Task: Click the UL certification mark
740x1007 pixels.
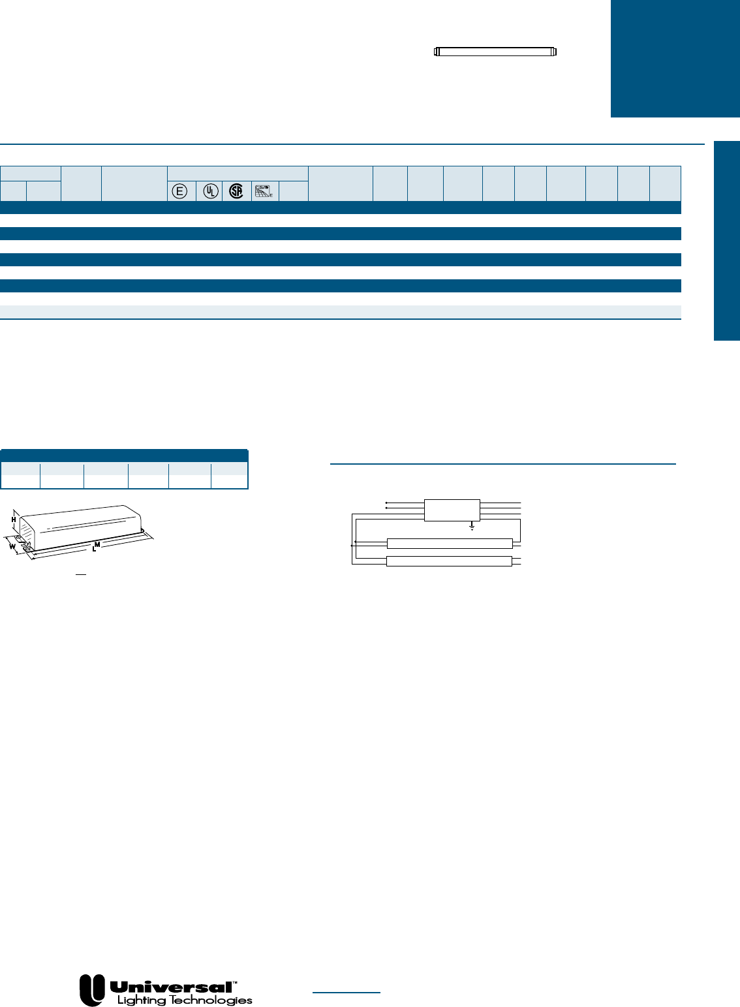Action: [210, 191]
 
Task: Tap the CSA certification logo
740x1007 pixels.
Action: [236, 191]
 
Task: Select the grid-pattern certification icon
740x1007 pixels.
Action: [264, 191]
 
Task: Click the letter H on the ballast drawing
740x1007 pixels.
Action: [14, 519]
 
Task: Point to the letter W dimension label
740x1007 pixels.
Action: [11, 546]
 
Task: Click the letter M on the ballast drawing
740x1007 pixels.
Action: [97, 544]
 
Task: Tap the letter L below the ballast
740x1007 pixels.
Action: [94, 550]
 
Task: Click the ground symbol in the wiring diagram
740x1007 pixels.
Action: [472, 526]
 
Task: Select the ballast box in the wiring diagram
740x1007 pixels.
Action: [452, 510]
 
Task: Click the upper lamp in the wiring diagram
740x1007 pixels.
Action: [450, 544]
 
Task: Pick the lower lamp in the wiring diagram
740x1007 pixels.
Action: [450, 561]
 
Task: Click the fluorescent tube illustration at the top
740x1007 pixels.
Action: [495, 52]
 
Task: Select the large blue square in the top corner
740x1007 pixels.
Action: [675, 58]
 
